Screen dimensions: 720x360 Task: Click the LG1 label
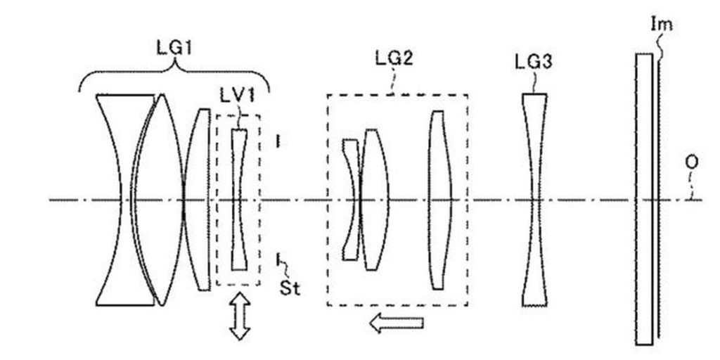tap(174, 48)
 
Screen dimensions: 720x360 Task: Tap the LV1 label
tap(236, 97)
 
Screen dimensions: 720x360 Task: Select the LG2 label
tap(394, 58)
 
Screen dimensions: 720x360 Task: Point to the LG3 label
tap(533, 63)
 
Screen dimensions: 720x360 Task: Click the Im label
tap(661, 23)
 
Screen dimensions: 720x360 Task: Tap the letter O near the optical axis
tap(692, 162)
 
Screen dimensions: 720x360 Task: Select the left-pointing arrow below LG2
tap(396, 322)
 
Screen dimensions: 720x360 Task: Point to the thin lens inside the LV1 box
tap(239, 200)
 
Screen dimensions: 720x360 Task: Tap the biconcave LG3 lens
tap(534, 200)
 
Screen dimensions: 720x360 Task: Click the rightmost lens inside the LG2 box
tap(440, 200)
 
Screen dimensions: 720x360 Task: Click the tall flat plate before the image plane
tap(644, 199)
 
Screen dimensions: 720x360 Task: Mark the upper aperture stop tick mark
tap(277, 141)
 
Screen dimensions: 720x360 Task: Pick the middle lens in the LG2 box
tap(375, 200)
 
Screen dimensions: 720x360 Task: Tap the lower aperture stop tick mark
tap(278, 259)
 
